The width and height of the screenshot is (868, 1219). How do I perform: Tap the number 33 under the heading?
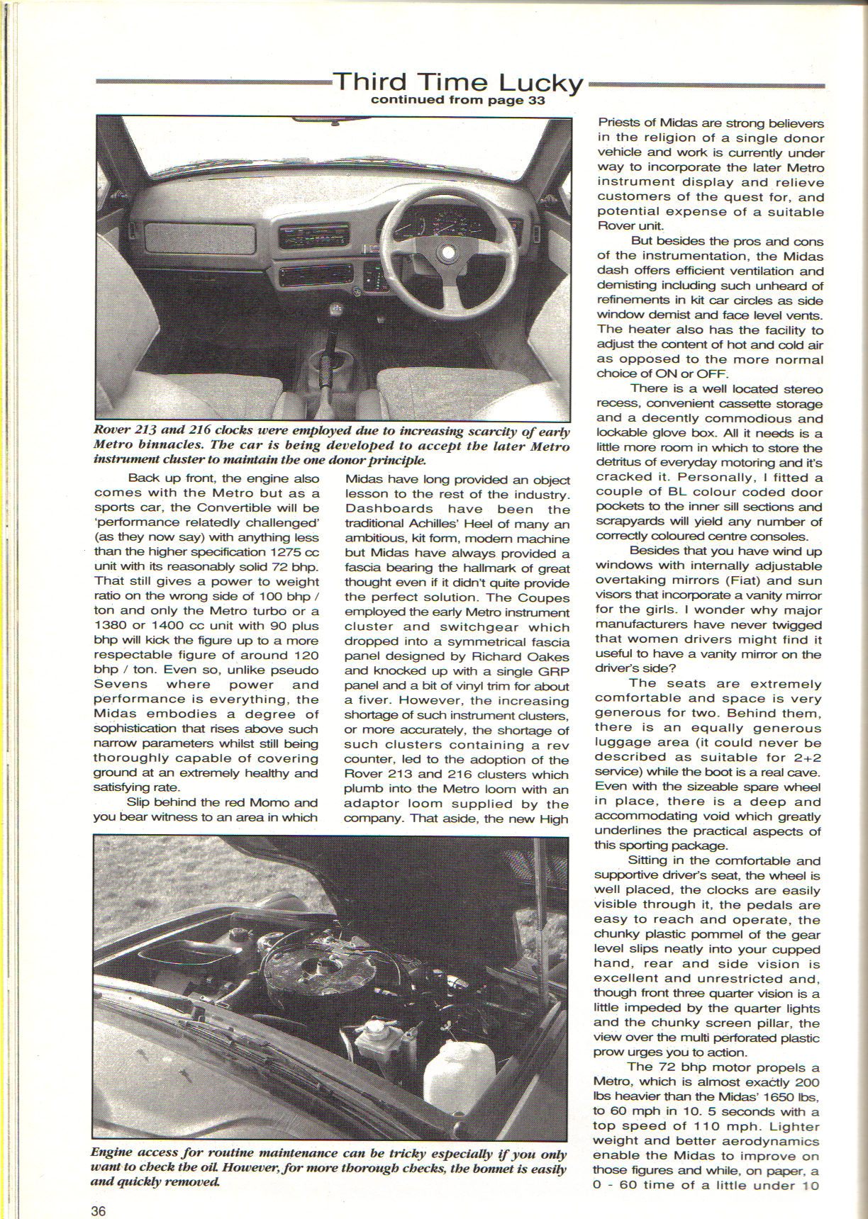(x=536, y=101)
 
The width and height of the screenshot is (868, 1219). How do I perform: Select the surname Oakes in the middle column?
(x=549, y=656)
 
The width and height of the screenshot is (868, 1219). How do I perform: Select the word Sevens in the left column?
(x=121, y=684)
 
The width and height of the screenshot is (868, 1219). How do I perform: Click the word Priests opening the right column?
(x=619, y=123)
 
